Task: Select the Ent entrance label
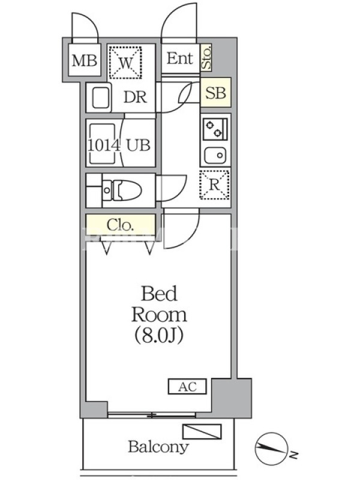[180, 59]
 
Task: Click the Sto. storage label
[206, 58]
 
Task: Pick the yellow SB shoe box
[215, 93]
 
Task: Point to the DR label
[136, 98]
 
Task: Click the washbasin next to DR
[100, 97]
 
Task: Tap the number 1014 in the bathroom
[103, 145]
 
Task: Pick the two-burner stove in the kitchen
[215, 128]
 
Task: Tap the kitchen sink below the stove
[214, 156]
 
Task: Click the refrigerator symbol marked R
[215, 185]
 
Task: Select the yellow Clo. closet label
[120, 226]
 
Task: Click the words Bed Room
[159, 304]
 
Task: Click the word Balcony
[158, 446]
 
